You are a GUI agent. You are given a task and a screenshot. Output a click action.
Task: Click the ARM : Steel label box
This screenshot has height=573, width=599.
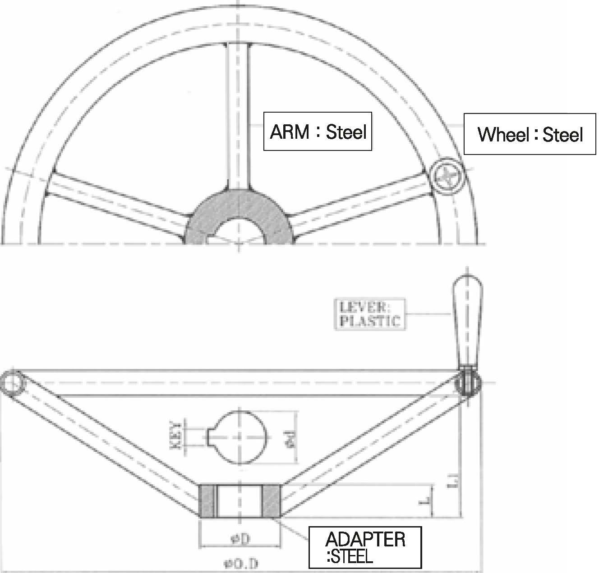pyautogui.click(x=318, y=131)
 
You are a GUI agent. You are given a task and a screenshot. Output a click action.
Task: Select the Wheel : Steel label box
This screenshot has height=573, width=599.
pyautogui.click(x=530, y=134)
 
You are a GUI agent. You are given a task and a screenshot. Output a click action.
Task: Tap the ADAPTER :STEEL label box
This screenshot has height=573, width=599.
pyautogui.click(x=365, y=547)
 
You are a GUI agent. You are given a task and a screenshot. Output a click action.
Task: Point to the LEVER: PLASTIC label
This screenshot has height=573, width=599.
pyautogui.click(x=369, y=314)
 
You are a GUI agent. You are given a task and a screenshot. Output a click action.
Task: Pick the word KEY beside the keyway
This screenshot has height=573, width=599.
pyautogui.click(x=178, y=435)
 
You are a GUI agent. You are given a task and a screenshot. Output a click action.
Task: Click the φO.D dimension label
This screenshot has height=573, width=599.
pyautogui.click(x=241, y=563)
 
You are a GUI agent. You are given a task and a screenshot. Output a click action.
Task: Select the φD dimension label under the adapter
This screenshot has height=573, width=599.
pyautogui.click(x=240, y=538)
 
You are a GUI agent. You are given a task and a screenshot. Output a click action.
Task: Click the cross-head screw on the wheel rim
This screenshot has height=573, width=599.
pyautogui.click(x=447, y=177)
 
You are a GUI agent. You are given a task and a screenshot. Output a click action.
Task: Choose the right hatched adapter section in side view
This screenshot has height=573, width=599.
pyautogui.click(x=272, y=500)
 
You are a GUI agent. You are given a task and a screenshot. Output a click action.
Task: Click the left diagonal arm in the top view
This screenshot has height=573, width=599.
pyautogui.click(x=117, y=203)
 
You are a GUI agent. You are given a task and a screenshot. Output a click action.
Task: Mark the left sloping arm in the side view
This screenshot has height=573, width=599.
pyautogui.click(x=108, y=441)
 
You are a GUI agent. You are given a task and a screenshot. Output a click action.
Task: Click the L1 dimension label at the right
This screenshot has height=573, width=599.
pyautogui.click(x=456, y=482)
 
